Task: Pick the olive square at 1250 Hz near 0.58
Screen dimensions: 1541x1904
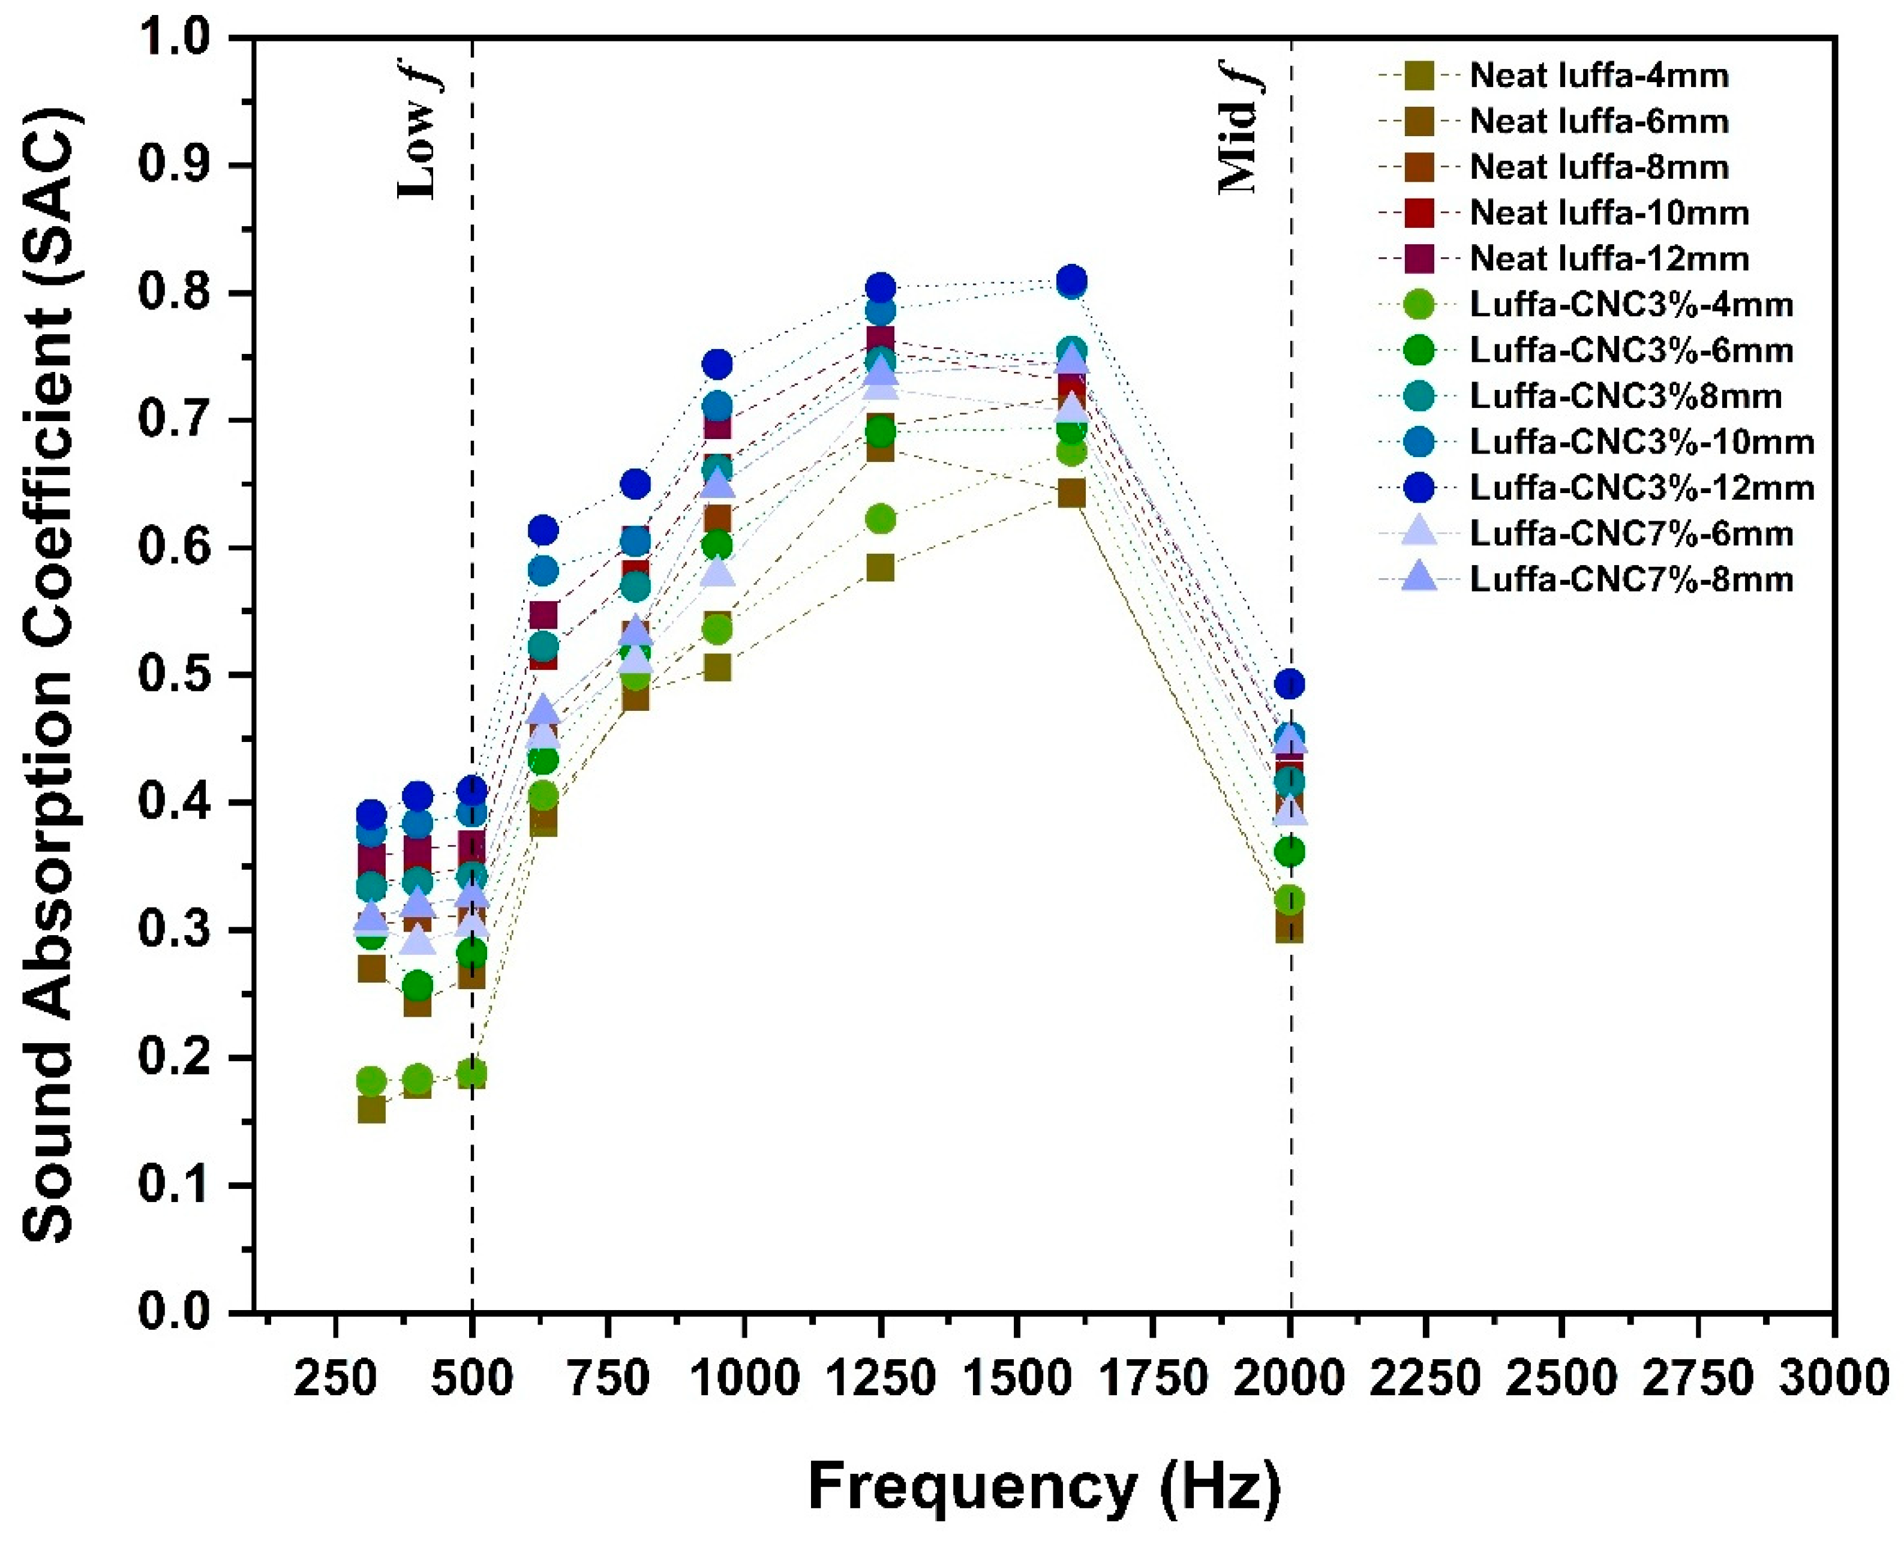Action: click(879, 567)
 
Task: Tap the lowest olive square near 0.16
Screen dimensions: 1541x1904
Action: click(371, 1110)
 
